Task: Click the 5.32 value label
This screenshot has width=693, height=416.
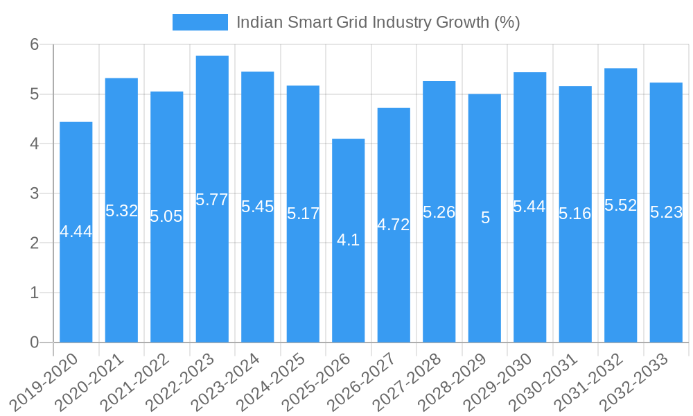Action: [122, 211]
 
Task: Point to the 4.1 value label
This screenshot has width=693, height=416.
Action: [348, 240]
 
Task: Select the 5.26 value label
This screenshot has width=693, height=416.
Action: [439, 212]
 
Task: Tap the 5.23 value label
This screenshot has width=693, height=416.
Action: [666, 213]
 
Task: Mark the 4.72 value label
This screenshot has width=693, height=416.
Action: [394, 225]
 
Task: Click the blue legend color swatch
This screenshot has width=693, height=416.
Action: [200, 22]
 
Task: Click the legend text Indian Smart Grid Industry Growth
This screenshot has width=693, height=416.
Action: [378, 22]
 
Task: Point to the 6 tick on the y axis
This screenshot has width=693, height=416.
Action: [35, 44]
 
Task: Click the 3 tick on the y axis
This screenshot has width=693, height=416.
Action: [35, 193]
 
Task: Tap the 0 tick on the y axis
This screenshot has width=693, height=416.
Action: [35, 343]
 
